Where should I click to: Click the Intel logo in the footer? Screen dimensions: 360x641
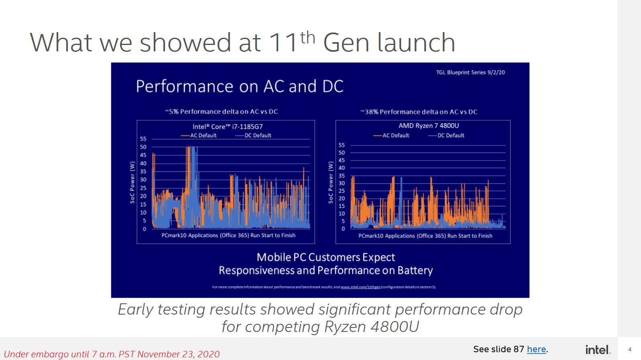(x=598, y=350)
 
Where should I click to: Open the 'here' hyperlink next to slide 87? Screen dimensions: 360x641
(x=536, y=349)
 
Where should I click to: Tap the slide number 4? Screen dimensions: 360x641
(x=630, y=350)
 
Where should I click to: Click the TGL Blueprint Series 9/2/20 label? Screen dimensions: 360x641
(x=470, y=73)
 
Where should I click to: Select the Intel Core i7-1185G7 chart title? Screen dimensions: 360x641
(x=228, y=126)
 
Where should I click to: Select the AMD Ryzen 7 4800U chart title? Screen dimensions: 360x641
(x=429, y=126)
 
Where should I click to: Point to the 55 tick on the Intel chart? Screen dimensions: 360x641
(x=143, y=139)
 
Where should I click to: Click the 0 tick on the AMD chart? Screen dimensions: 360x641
(x=343, y=229)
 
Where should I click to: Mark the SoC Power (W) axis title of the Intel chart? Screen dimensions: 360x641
(x=132, y=182)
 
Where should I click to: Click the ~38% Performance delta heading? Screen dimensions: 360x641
(x=419, y=112)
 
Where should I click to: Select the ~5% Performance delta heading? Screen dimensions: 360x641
(x=221, y=112)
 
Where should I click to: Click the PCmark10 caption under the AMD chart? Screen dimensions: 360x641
(x=425, y=236)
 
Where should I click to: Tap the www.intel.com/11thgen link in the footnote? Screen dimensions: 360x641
(x=360, y=287)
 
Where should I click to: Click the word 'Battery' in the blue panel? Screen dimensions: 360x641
(x=415, y=271)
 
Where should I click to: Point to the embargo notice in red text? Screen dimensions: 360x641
(x=112, y=354)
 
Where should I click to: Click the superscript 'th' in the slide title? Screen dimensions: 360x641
(x=307, y=38)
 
